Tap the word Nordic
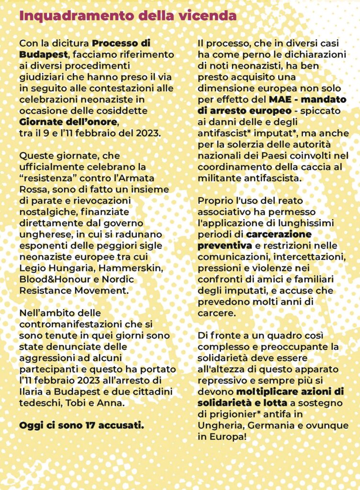click(117, 279)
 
